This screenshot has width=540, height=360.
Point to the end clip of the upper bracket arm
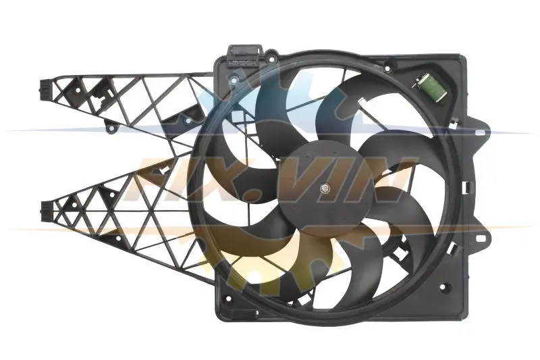click(x=45, y=88)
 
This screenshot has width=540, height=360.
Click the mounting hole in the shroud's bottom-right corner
click(x=445, y=286)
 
